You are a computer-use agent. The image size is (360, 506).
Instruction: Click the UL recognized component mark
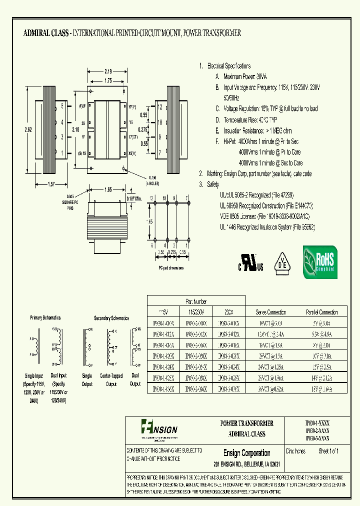[x=249, y=262]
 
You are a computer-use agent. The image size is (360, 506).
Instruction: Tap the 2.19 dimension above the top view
[x=108, y=71]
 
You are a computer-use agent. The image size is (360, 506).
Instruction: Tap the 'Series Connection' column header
[x=271, y=312]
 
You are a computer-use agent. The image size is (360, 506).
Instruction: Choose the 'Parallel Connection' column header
[x=322, y=312]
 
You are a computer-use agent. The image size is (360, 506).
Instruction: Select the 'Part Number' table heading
[x=195, y=301]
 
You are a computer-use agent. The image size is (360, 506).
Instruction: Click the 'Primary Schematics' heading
[x=45, y=317]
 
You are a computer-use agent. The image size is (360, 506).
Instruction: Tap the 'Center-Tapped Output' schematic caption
[x=111, y=380]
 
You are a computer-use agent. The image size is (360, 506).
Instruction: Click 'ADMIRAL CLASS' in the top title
[x=46, y=33]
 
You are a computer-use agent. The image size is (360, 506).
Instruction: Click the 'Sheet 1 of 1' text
[x=328, y=451]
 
